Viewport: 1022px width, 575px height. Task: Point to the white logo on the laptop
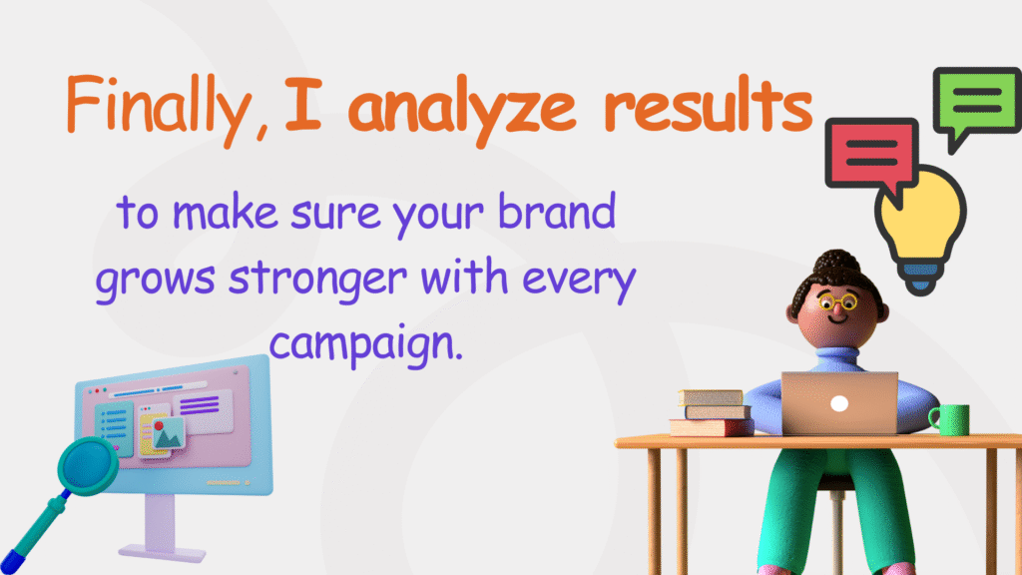(x=839, y=404)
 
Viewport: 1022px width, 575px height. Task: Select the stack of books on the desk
(x=711, y=411)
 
